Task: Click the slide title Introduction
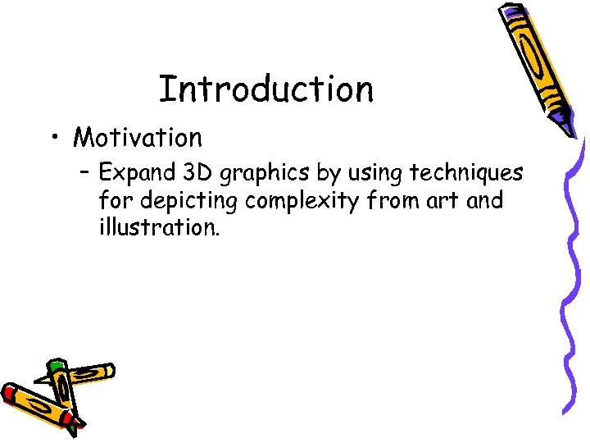click(265, 89)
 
